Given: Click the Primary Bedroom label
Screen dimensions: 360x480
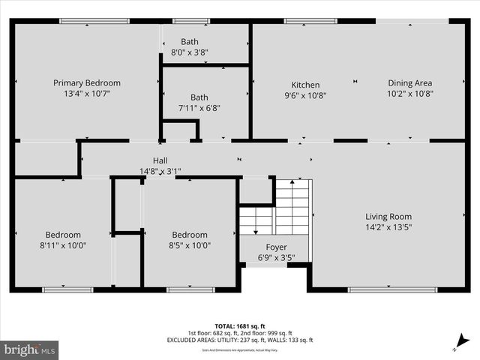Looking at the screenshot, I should [x=86, y=83].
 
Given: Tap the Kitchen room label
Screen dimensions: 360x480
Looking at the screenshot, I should [x=305, y=85].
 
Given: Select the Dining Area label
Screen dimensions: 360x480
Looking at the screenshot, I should [x=409, y=83].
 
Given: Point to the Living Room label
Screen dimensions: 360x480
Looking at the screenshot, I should [x=388, y=217].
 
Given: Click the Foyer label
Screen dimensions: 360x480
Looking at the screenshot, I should [x=276, y=247].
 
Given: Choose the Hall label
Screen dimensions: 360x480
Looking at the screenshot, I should [x=160, y=160].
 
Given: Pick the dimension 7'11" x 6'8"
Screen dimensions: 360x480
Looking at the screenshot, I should [x=199, y=108].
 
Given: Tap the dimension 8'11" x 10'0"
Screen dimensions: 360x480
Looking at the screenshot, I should [x=62, y=244].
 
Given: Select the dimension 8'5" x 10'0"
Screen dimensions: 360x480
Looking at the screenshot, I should [x=189, y=244].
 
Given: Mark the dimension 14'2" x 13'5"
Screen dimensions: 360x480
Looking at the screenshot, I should [x=388, y=226].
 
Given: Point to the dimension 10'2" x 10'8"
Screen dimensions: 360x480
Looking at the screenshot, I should [x=409, y=94].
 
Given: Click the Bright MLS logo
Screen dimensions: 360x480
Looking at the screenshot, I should [x=30, y=349].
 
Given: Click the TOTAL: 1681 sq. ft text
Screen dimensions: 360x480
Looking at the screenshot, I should [x=239, y=326].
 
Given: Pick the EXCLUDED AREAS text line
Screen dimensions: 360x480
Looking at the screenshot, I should [x=239, y=340].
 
